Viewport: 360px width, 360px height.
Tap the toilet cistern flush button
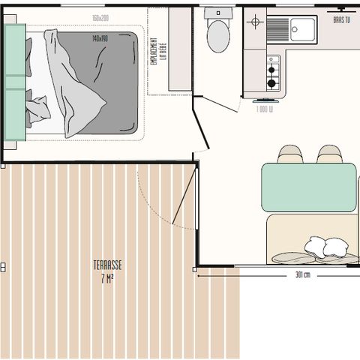(x=217, y=14)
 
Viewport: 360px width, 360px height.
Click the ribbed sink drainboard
(x=277, y=28)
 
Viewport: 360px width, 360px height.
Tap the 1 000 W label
(x=264, y=109)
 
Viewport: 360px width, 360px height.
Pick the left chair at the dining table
(x=289, y=154)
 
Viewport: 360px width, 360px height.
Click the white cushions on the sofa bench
(x=325, y=247)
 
